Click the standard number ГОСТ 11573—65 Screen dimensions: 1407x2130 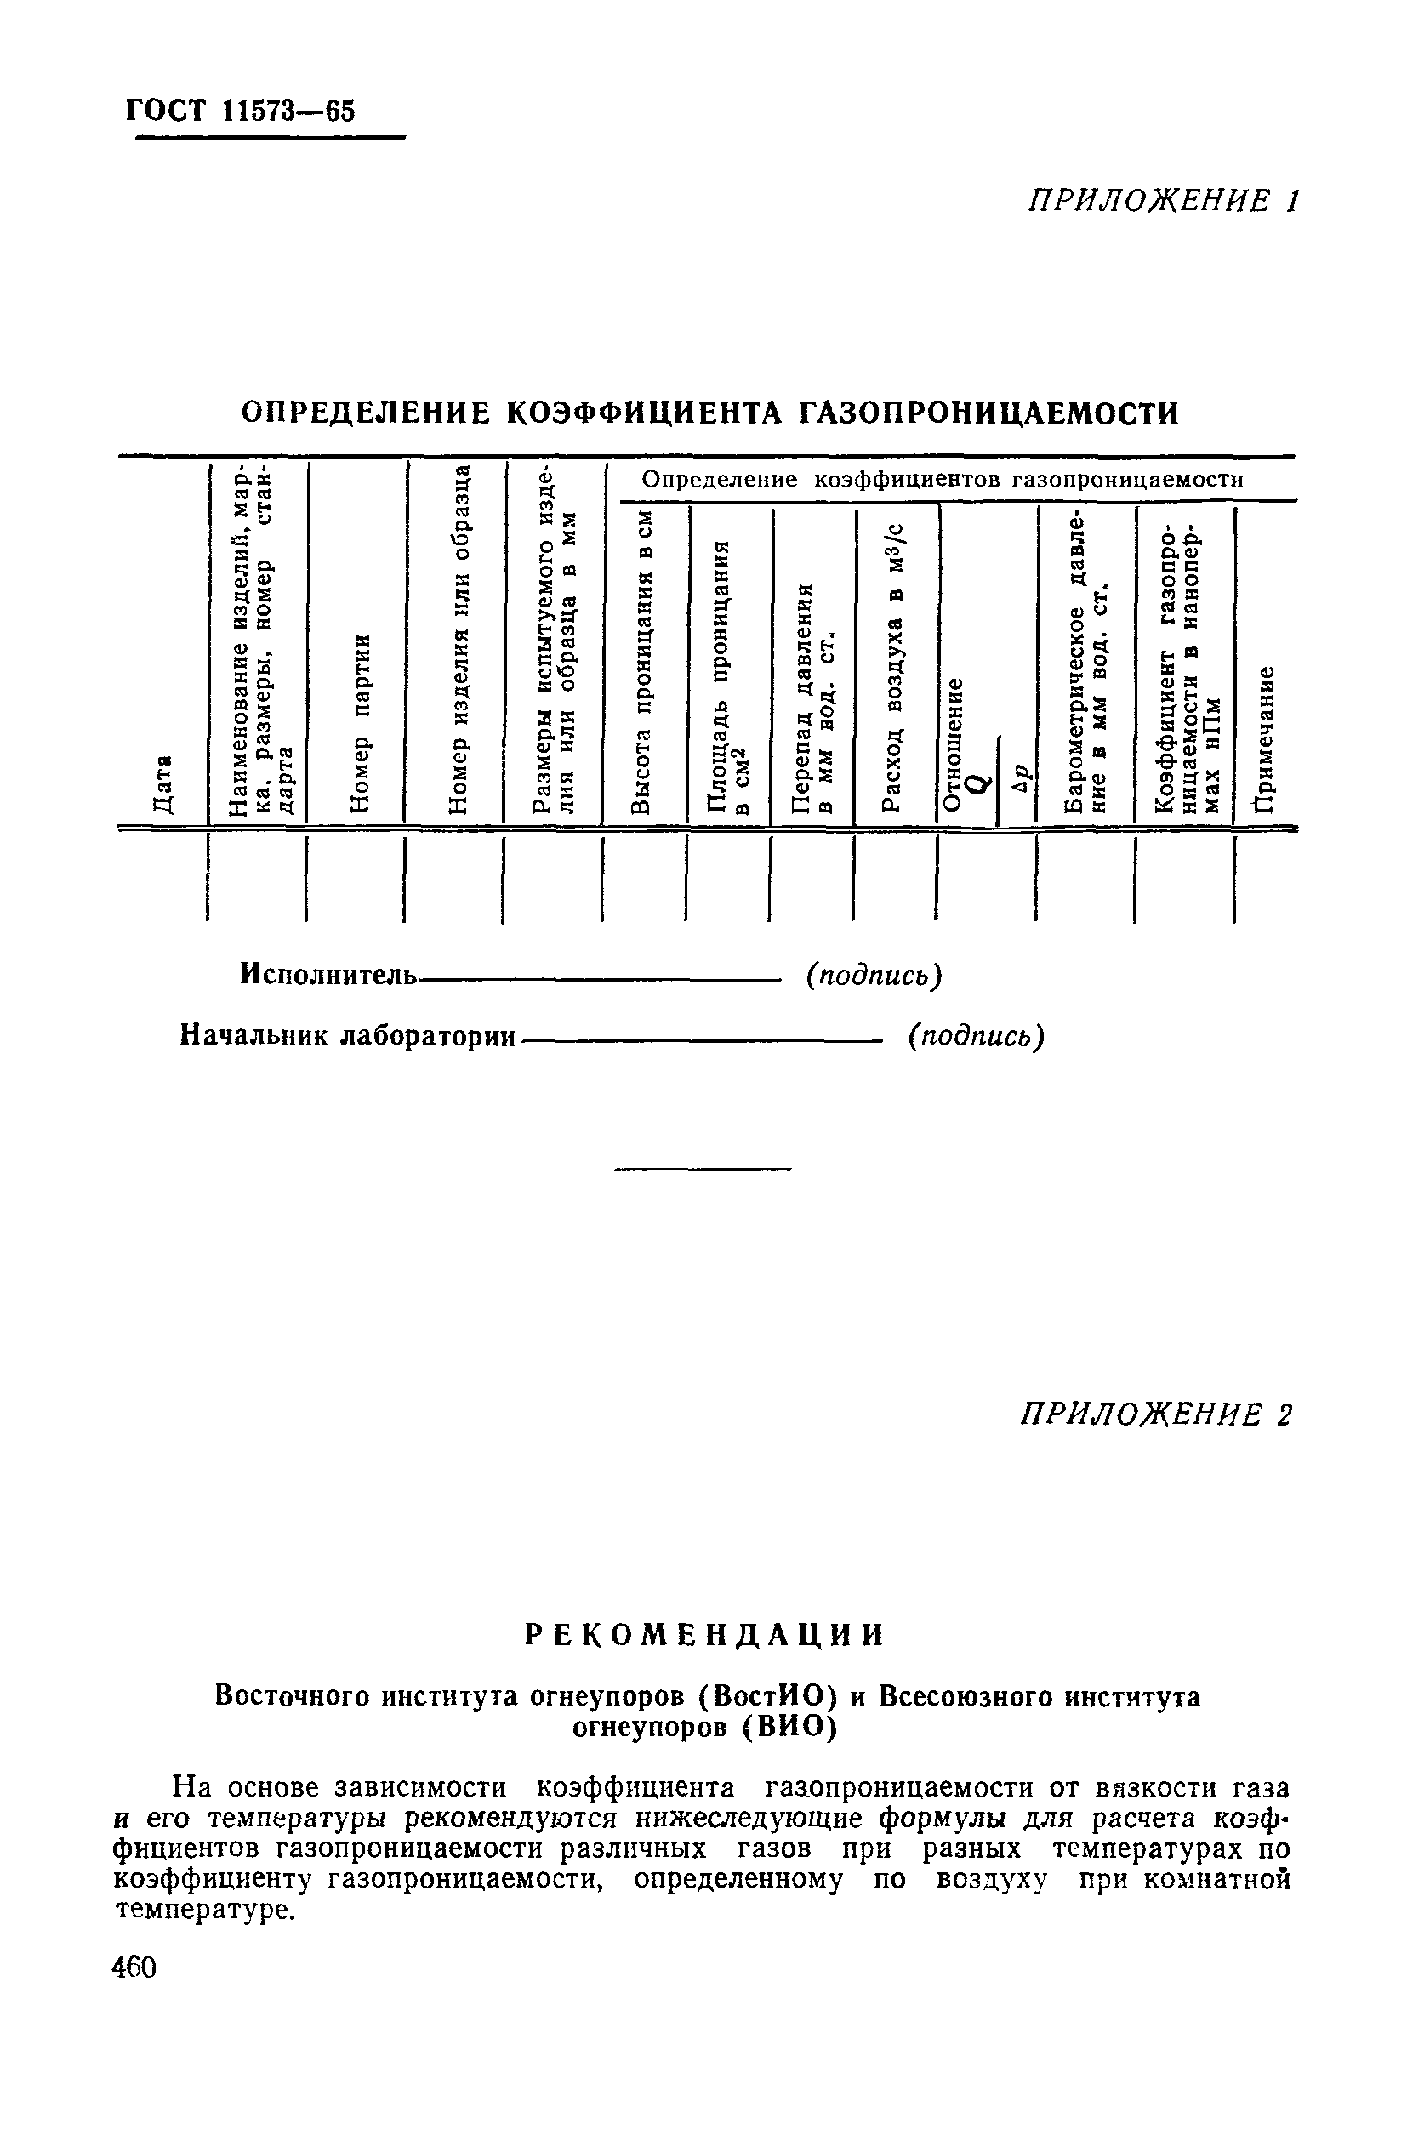pos(241,111)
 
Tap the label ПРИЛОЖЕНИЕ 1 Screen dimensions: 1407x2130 pos(1162,201)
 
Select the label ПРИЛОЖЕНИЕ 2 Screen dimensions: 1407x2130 pos(1157,1415)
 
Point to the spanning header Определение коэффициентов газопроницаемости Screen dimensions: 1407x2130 pos(943,480)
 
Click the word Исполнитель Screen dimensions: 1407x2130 pos(328,973)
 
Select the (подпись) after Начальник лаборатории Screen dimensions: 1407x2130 pos(976,1035)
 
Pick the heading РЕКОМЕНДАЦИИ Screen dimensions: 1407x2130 pos(704,1634)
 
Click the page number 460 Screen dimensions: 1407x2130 pos(135,1967)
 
